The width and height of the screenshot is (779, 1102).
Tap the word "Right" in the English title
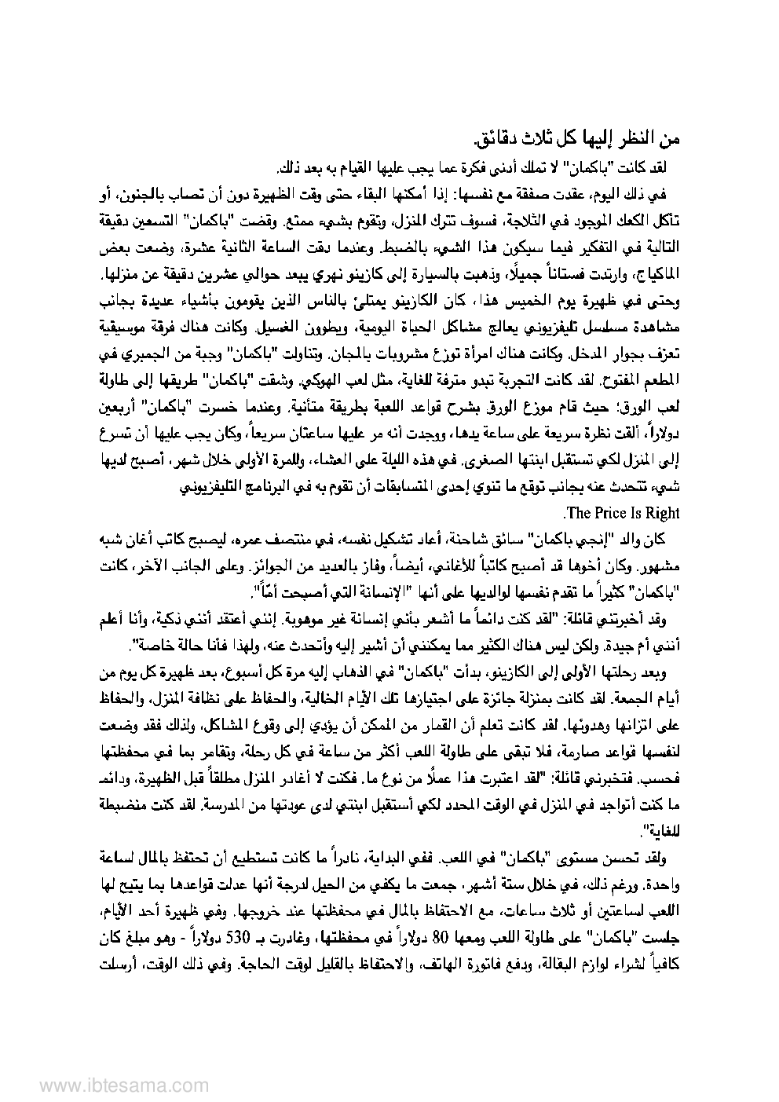661,513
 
